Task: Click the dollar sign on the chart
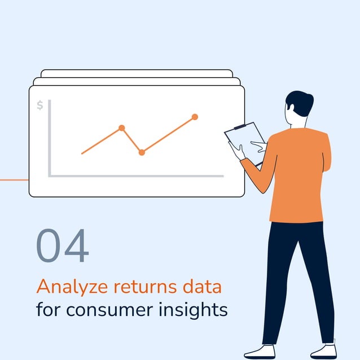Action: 39,105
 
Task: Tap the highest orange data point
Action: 195,117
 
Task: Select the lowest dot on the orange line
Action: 142,152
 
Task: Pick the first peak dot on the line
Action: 121,128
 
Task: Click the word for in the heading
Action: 49,310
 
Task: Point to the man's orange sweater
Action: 299,175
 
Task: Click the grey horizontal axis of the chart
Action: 135,176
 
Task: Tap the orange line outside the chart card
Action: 14,180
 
